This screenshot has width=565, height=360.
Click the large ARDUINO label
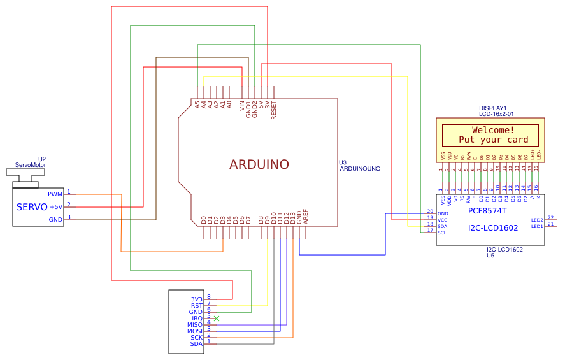point(259,164)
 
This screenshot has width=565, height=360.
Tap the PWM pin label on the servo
point(55,194)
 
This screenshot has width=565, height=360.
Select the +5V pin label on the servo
point(56,206)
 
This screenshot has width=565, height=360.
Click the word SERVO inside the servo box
point(32,207)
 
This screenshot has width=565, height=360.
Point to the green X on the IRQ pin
point(217,318)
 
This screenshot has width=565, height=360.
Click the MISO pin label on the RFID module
point(195,324)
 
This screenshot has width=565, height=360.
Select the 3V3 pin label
point(196,299)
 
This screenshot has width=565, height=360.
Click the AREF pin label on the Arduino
point(306,217)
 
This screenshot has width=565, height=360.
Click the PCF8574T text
point(487,210)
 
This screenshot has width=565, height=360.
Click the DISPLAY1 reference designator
point(492,108)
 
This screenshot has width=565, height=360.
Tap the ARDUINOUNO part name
point(360,169)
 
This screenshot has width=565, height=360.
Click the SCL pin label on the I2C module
point(442,233)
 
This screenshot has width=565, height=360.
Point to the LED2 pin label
point(537,220)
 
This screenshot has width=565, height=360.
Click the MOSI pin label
point(195,331)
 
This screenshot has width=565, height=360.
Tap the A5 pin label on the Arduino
point(197,104)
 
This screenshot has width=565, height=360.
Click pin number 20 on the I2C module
point(429,211)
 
